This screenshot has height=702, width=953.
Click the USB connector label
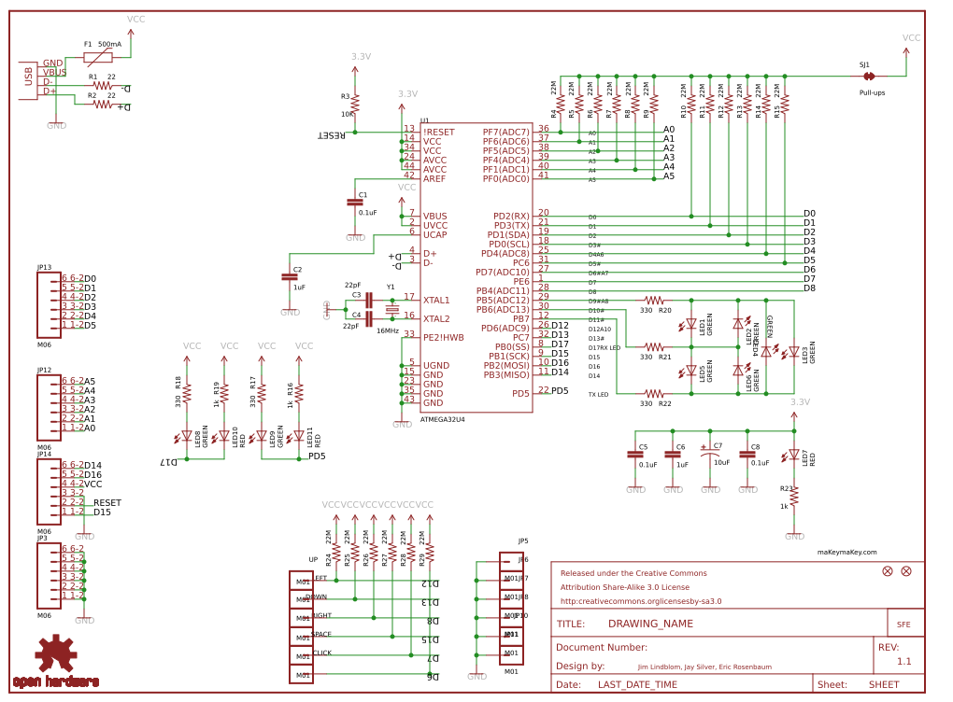[x=29, y=77]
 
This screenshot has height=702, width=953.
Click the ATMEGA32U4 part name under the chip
[x=443, y=419]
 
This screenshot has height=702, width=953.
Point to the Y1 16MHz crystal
[x=391, y=309]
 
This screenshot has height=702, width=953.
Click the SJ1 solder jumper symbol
[x=868, y=77]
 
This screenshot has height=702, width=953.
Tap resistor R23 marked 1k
[x=794, y=495]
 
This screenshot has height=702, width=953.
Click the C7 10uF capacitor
[x=710, y=455]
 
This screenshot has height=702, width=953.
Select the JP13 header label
[x=44, y=267]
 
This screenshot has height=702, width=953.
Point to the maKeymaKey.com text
[x=846, y=552]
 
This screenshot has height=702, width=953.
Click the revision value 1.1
[x=903, y=662]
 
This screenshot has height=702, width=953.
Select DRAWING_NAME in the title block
[x=650, y=625]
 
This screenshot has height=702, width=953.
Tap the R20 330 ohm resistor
[x=655, y=301]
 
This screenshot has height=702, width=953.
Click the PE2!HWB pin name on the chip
[x=443, y=337]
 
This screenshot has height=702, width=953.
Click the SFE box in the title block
[x=903, y=625]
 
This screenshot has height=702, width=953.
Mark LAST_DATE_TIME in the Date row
[x=637, y=684]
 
